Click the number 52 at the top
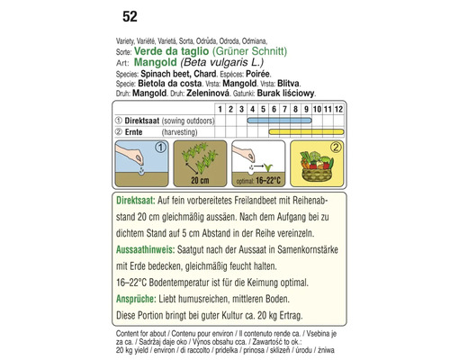click(x=130, y=16)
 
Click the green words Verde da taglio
click(x=171, y=51)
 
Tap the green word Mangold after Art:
click(x=156, y=62)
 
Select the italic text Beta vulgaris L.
click(x=222, y=62)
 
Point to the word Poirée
click(x=257, y=74)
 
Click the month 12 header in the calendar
click(x=338, y=109)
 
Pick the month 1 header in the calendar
click(x=220, y=109)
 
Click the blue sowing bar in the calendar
click(x=279, y=121)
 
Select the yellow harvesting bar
click(x=306, y=131)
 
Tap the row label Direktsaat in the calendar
click(x=142, y=121)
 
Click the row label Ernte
click(x=133, y=132)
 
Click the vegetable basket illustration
click(x=317, y=167)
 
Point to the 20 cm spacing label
click(x=200, y=181)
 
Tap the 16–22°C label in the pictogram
click(x=268, y=181)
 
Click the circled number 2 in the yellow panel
click(x=336, y=148)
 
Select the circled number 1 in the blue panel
click(x=161, y=148)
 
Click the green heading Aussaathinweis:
click(x=145, y=250)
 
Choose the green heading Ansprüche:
click(x=136, y=299)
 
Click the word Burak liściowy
click(x=286, y=94)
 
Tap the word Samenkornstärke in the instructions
click(x=308, y=250)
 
